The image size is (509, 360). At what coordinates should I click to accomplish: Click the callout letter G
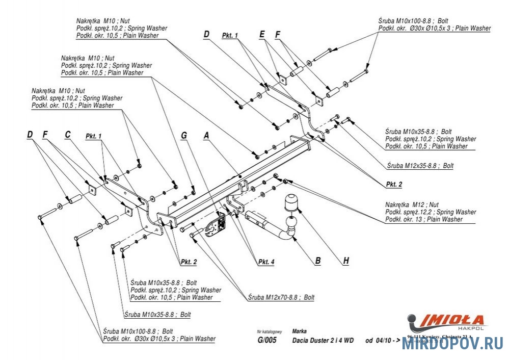(184, 135)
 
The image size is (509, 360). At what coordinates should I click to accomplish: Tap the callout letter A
(206, 135)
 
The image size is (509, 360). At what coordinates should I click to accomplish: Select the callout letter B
(317, 261)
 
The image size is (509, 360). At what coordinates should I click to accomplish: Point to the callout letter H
(346, 261)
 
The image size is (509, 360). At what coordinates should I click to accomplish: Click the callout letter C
(67, 135)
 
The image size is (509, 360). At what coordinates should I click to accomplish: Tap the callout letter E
(262, 35)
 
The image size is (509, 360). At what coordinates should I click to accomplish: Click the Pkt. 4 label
(266, 262)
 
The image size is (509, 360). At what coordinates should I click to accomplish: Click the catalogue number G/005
(266, 341)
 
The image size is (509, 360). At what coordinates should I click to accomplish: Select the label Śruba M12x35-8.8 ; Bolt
(420, 166)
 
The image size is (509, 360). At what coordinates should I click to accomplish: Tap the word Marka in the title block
(300, 331)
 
